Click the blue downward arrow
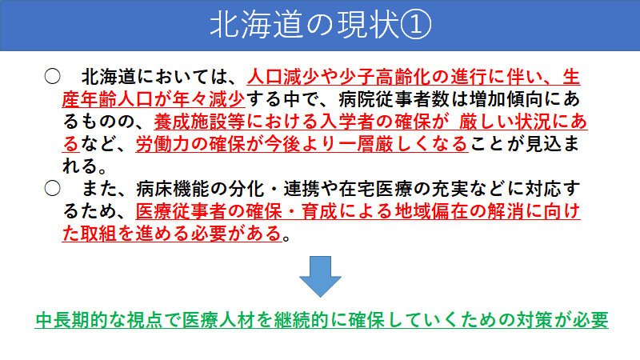320,278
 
